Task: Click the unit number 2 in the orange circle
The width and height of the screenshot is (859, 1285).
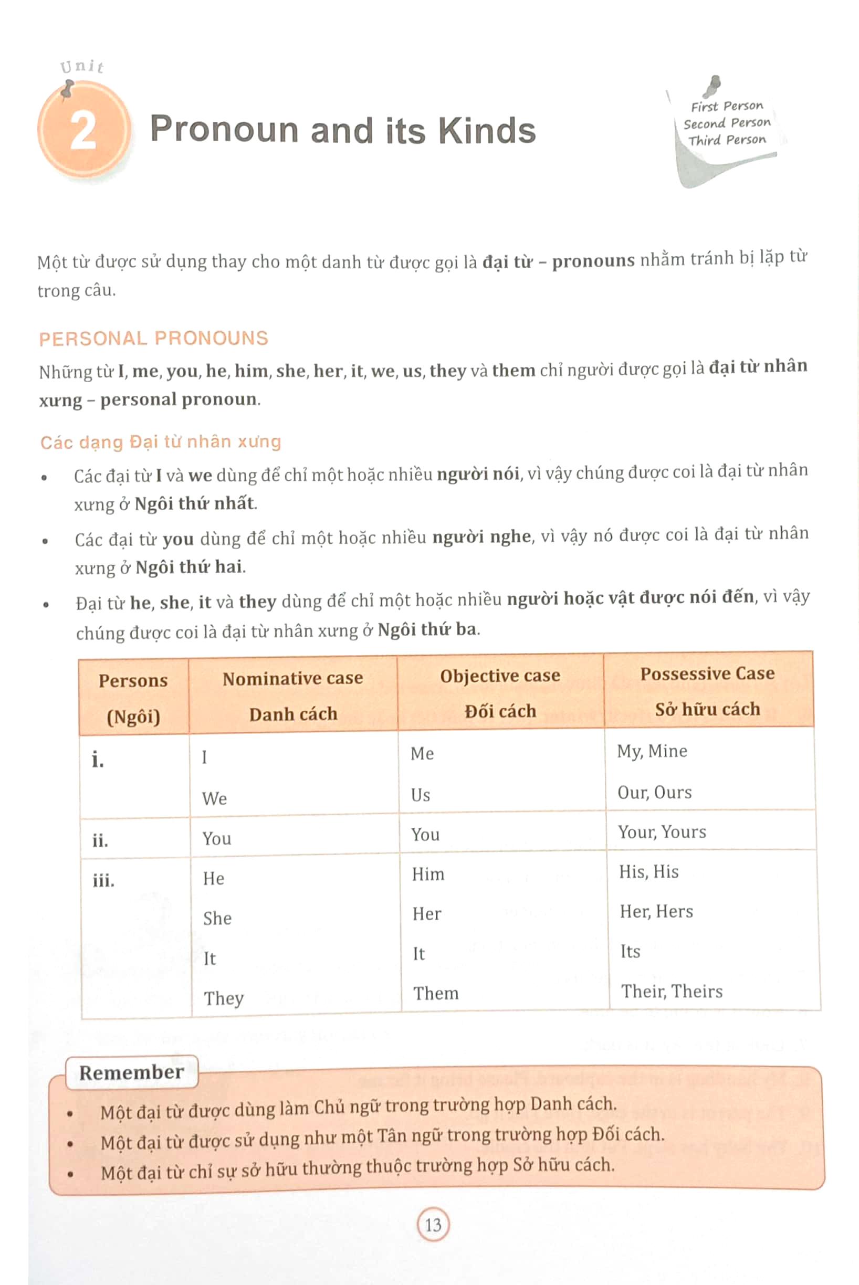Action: [x=83, y=131]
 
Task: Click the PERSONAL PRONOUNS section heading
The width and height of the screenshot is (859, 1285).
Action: [x=153, y=338]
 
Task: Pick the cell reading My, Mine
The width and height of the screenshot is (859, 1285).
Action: [x=652, y=751]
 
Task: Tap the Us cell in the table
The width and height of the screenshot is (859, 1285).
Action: [x=420, y=795]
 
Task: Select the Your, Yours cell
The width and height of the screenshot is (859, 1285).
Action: [x=662, y=832]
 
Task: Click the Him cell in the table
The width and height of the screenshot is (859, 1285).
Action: [x=428, y=874]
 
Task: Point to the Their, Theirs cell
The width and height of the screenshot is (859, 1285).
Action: [x=672, y=992]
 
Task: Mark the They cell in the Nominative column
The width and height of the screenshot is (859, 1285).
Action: [x=224, y=998]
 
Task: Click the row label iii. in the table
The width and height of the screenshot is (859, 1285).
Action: [x=103, y=881]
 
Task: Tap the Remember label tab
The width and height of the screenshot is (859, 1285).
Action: [x=131, y=1072]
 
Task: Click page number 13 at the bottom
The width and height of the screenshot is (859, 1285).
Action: [x=433, y=1225]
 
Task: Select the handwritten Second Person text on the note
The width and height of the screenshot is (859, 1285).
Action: [x=727, y=123]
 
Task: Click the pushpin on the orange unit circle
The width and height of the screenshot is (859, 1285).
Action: [x=67, y=89]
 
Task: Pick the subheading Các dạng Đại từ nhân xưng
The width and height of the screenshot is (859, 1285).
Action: [x=161, y=441]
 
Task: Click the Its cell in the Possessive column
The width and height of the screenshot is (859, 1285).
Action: [x=630, y=952]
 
